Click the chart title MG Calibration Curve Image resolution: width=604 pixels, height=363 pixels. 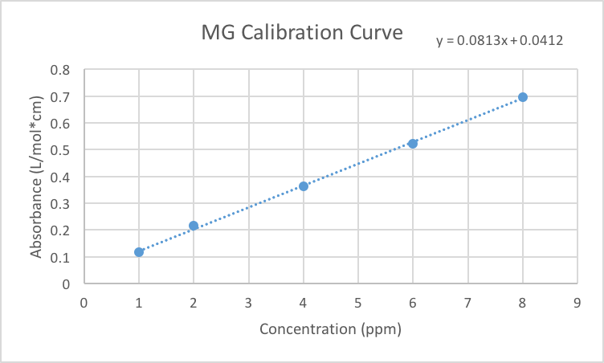(301, 33)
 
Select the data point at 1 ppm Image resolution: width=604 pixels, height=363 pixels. (139, 252)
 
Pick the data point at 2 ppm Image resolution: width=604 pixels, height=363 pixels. (194, 226)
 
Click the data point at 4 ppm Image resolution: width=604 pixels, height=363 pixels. (304, 186)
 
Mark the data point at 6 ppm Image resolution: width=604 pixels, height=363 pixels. (413, 144)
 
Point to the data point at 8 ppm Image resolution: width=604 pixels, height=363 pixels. (523, 97)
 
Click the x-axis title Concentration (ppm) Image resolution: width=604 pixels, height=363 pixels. (330, 329)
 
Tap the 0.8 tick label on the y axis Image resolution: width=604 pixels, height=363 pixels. (61, 70)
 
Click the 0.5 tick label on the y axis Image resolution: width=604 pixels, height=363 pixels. (61, 150)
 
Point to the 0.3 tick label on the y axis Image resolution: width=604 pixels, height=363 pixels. (61, 203)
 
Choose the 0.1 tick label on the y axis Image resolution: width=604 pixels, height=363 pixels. (61, 257)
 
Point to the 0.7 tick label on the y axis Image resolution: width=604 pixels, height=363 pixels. (61, 96)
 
